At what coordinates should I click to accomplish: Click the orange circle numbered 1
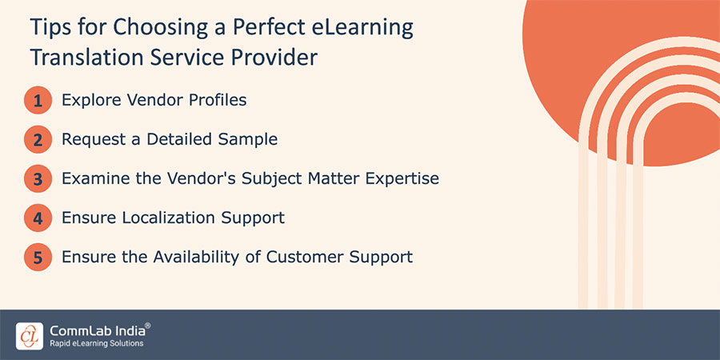(x=38, y=101)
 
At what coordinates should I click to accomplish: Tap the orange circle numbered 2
(x=38, y=140)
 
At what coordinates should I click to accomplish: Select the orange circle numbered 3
(x=38, y=179)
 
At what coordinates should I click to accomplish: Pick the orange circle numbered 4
(x=38, y=218)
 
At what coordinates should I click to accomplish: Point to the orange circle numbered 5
(x=38, y=258)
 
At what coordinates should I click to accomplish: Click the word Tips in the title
(x=50, y=28)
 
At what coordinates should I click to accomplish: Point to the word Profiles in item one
(x=217, y=100)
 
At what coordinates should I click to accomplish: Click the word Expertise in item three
(x=398, y=178)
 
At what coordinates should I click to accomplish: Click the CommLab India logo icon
(x=29, y=334)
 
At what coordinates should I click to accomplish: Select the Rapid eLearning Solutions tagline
(x=96, y=343)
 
